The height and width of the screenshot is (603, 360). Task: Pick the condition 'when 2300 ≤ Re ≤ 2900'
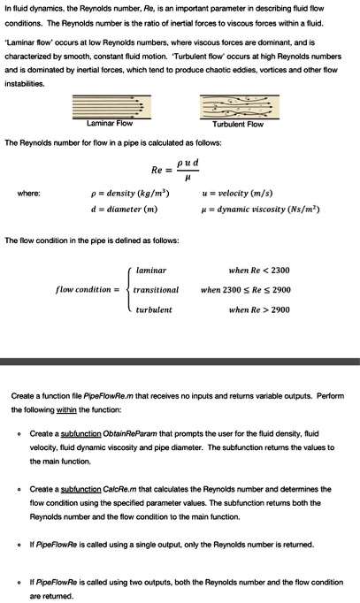[x=246, y=290]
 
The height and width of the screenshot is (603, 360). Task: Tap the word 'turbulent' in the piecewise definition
[x=155, y=310]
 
